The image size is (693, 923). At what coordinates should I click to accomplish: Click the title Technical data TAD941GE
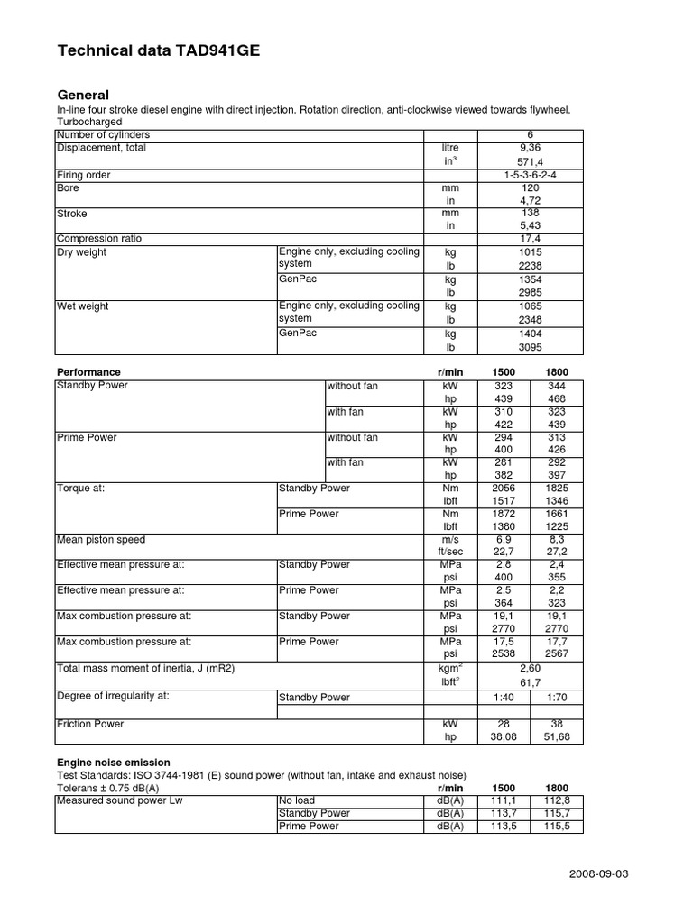click(158, 52)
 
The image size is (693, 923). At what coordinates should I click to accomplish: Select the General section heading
click(83, 95)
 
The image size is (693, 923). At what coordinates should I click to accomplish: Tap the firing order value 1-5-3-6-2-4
click(531, 175)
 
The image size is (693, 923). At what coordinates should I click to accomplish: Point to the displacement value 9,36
click(531, 148)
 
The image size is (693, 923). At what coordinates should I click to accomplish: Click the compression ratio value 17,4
click(531, 239)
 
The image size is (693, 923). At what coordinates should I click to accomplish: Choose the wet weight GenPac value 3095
click(531, 346)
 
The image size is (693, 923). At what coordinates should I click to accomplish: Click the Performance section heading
click(88, 372)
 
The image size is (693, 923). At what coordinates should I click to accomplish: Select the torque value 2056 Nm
click(504, 488)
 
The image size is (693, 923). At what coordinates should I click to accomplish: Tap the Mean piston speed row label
click(101, 540)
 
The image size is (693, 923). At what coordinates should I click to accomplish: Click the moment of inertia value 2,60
click(531, 670)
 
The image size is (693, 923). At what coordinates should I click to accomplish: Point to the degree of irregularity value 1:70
click(557, 697)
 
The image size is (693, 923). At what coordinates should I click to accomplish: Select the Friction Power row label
click(90, 724)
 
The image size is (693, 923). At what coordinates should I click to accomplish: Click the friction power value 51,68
click(557, 736)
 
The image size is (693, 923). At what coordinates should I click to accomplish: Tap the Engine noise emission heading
click(113, 763)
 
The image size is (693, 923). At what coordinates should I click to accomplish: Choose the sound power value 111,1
click(504, 800)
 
